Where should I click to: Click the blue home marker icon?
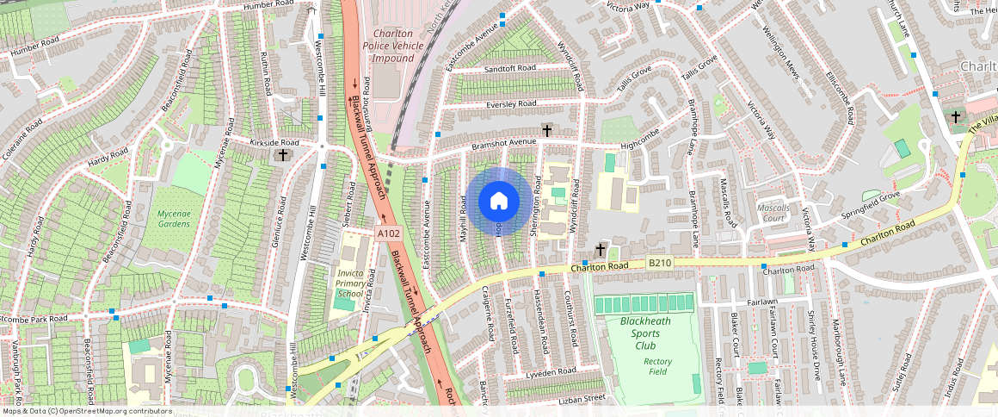(498, 202)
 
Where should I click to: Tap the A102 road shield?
(387, 233)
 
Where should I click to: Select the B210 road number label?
(659, 263)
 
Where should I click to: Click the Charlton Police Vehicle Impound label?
(392, 46)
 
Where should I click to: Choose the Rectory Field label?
(657, 366)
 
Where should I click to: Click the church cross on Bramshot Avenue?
(546, 130)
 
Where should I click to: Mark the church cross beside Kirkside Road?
(282, 155)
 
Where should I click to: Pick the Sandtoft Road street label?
(510, 68)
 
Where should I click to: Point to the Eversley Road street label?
(511, 103)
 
